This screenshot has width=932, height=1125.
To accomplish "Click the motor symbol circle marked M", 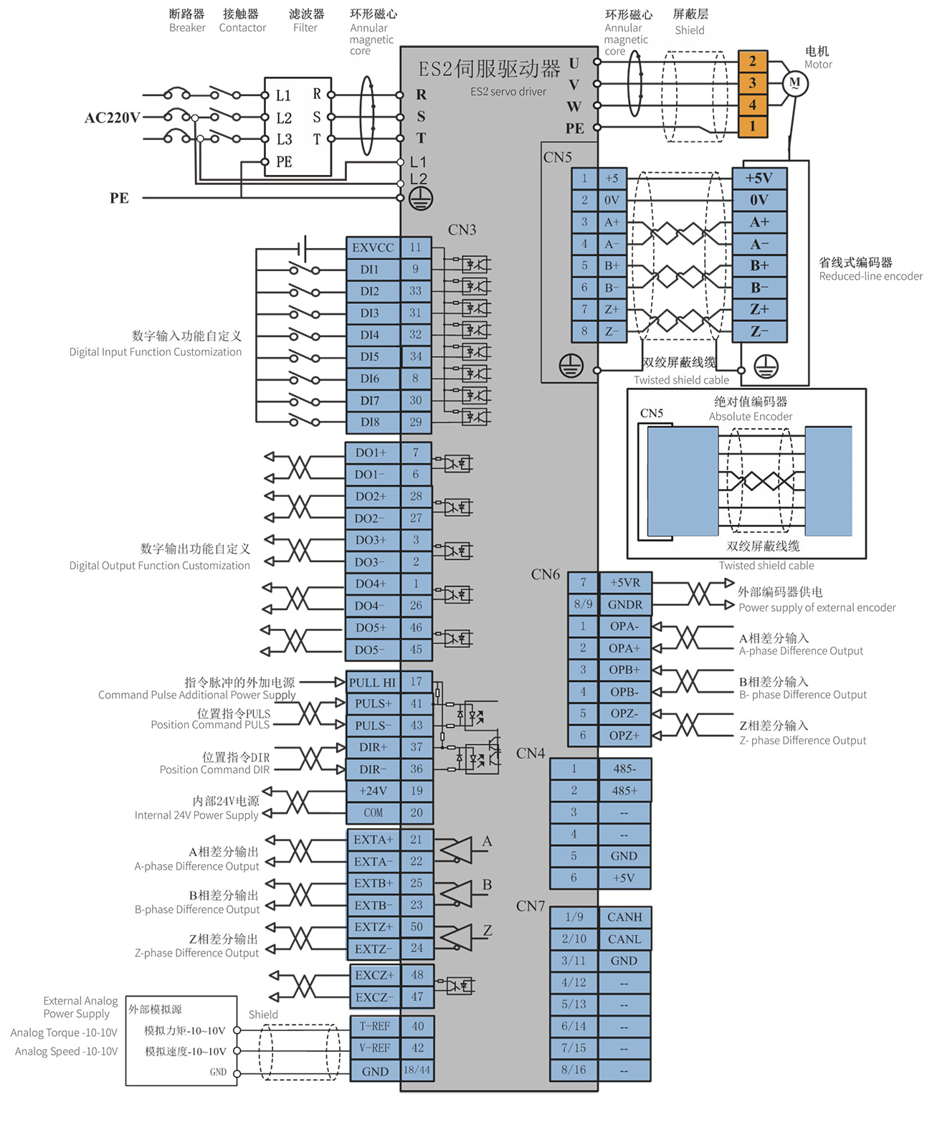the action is coord(794,83).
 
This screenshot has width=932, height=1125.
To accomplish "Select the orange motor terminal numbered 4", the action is coord(752,105).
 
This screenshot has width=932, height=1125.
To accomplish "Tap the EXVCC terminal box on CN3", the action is coord(373,247).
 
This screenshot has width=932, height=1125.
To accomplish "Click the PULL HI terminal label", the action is coord(372,682).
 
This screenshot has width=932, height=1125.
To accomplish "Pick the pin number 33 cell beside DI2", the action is coord(415,291).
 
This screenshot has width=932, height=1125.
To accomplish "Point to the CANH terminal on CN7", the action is coord(624,917).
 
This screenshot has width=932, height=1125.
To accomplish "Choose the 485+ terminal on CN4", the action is coord(624,790).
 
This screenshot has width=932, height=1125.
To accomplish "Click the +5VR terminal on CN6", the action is coord(625,582).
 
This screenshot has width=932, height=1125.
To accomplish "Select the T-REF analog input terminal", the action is coord(374,1026).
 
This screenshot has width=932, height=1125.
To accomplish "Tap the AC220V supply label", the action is coord(112,118).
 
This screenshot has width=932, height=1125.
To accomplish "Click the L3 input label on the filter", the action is coord(284,139).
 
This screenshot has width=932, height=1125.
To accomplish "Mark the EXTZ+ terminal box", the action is coord(374,926).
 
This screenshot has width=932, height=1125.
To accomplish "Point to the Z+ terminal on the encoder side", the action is coord(759,309).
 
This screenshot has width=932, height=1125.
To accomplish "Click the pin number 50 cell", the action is coord(417,926).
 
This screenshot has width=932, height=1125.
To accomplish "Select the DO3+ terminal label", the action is coord(371,540).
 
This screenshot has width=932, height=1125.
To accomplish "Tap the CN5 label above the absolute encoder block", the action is coord(651,413).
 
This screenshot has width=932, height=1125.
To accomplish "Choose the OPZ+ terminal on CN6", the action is coord(625,736).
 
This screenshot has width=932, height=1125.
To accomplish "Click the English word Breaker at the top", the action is coord(187,27).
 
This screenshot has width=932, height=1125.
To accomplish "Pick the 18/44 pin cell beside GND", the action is coord(417,1070).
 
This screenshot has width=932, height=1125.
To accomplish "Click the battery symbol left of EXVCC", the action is coord(303,248).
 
